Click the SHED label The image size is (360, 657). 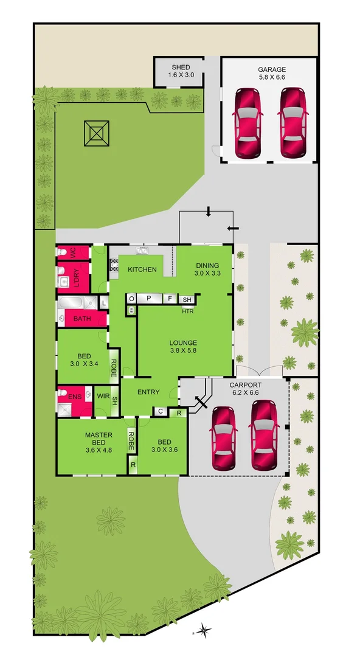[181, 68]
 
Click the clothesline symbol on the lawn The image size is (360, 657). [96, 133]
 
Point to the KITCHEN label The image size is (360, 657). [142, 269]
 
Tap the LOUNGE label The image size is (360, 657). [183, 342]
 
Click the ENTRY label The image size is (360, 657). [148, 392]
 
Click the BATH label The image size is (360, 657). [82, 319]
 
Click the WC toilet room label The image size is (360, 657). [72, 252]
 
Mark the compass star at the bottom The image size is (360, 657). [205, 630]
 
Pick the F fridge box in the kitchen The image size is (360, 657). [171, 299]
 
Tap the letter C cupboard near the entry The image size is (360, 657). [160, 412]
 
